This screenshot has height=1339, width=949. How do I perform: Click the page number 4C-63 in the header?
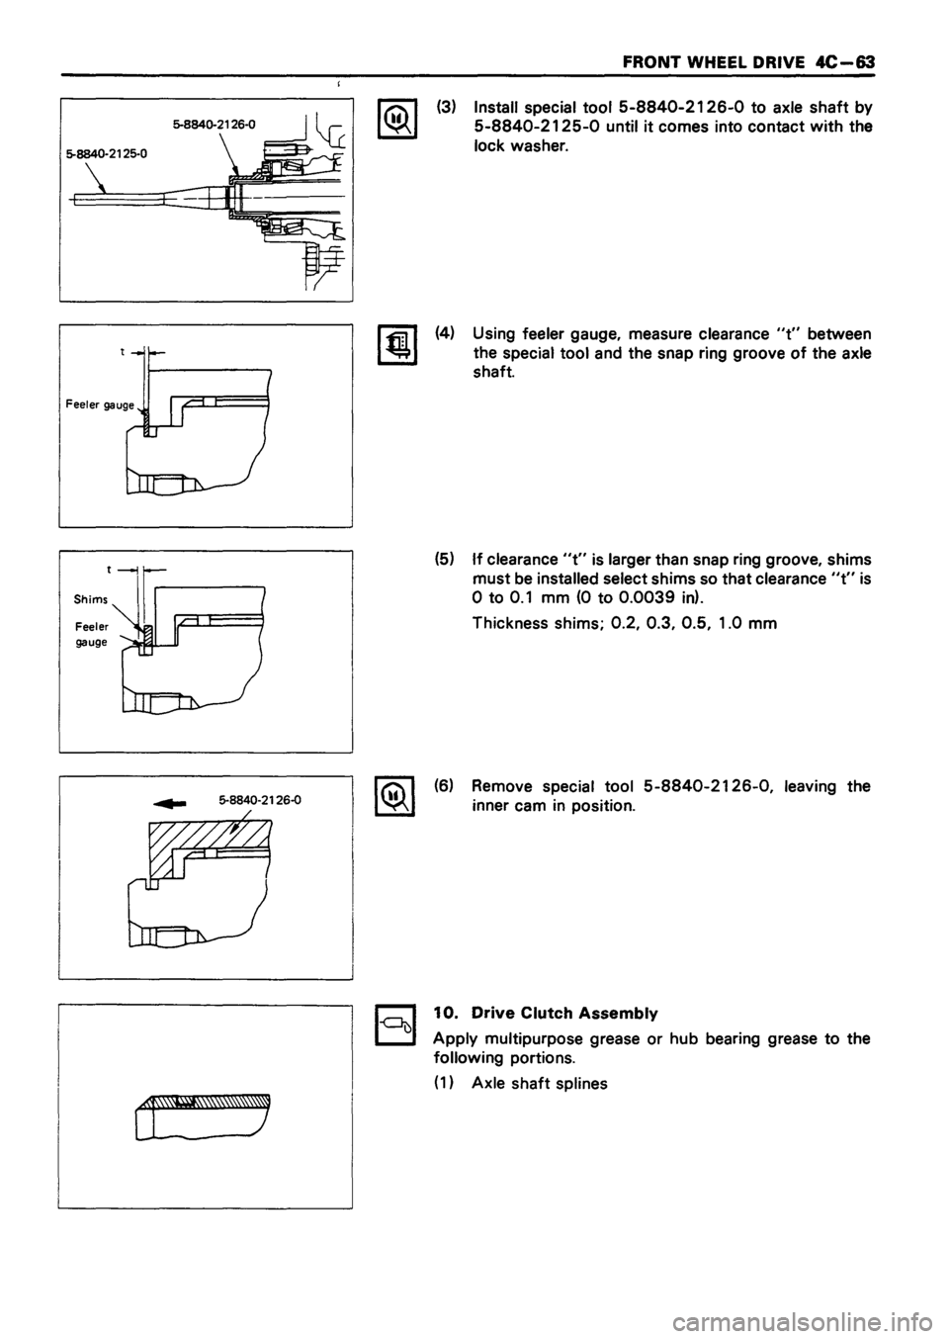(843, 60)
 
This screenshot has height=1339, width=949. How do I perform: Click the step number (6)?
(445, 787)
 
